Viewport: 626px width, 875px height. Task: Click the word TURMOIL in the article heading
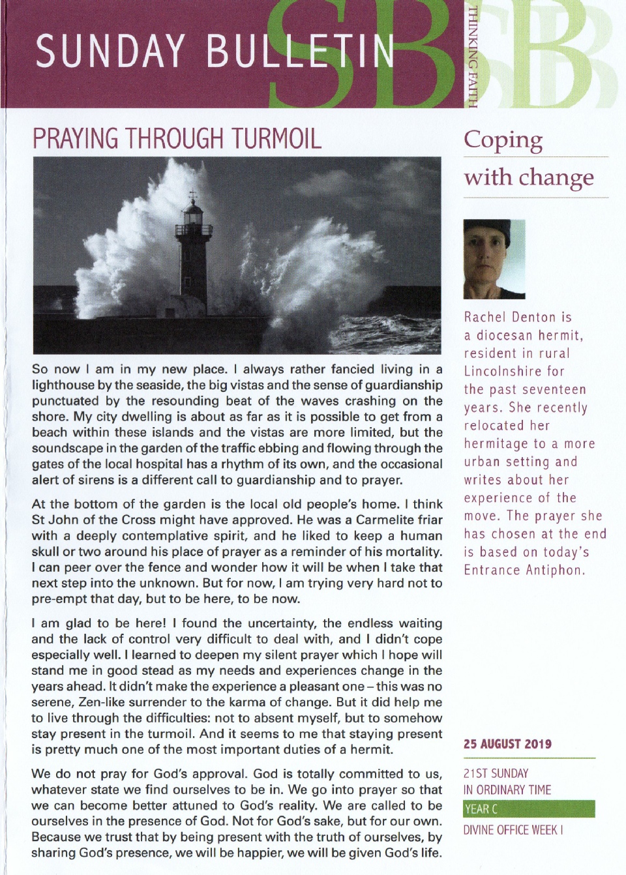click(x=276, y=139)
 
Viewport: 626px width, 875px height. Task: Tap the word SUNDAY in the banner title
click(x=110, y=52)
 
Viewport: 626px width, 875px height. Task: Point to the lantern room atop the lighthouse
click(x=193, y=212)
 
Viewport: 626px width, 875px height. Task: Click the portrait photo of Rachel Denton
click(x=494, y=259)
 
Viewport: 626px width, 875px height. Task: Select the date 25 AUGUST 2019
click(x=507, y=744)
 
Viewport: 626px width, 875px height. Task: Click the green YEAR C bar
click(x=529, y=809)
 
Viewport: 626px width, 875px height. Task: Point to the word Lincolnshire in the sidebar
click(x=503, y=371)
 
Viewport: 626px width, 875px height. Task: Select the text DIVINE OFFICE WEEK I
click(x=513, y=830)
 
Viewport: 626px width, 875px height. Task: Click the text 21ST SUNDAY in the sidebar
click(x=496, y=773)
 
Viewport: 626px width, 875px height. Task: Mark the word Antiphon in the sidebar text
click(x=554, y=570)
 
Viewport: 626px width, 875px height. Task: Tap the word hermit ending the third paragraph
click(x=372, y=749)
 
